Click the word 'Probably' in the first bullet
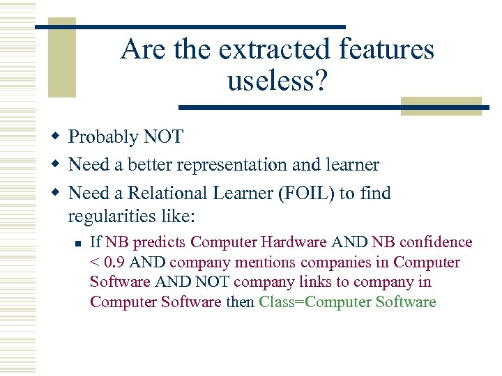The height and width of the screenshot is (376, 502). pyautogui.click(x=103, y=136)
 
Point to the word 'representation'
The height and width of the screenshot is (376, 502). pyautogui.click(x=234, y=165)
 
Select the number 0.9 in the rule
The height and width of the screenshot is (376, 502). pyautogui.click(x=116, y=263)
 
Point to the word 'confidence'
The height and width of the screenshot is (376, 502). pyautogui.click(x=435, y=242)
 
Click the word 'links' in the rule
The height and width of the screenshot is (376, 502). pyautogui.click(x=285, y=282)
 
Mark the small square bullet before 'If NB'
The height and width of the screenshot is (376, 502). pyautogui.click(x=79, y=243)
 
